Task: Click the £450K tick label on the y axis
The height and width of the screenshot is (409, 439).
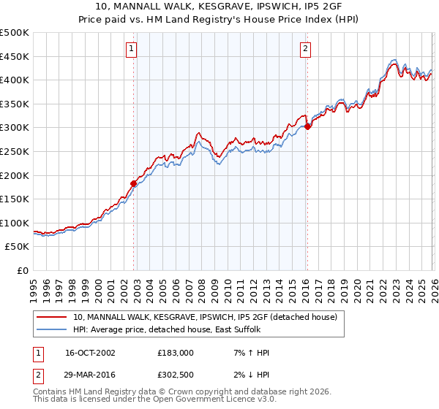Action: tap(15, 56)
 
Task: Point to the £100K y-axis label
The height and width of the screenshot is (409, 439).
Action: tap(15, 223)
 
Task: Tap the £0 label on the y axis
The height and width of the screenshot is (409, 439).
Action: tap(23, 270)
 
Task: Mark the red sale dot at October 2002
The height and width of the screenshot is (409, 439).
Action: tap(134, 183)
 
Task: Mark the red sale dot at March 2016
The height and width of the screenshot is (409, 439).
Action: tap(307, 126)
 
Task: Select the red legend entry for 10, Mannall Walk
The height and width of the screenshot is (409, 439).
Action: tap(205, 317)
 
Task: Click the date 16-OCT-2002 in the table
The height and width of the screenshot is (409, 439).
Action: tap(90, 353)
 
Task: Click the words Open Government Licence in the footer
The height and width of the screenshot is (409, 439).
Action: tap(211, 401)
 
